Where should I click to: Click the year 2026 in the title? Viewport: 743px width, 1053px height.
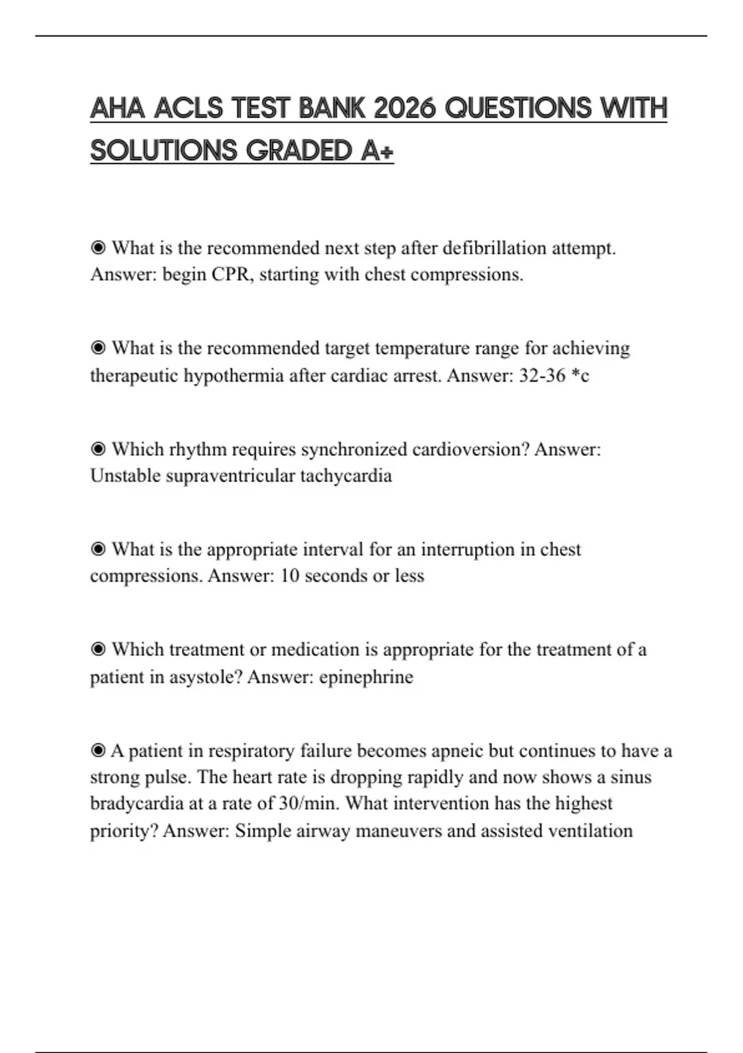click(x=406, y=109)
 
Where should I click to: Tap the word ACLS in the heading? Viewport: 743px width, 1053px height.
click(x=188, y=109)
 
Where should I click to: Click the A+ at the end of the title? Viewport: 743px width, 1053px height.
click(x=376, y=151)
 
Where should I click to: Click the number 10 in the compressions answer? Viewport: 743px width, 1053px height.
click(x=289, y=576)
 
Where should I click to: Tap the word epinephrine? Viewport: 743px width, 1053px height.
click(x=366, y=676)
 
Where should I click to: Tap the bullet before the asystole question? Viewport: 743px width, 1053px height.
click(x=98, y=650)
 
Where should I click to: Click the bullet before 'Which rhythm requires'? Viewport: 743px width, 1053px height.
click(x=98, y=449)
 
